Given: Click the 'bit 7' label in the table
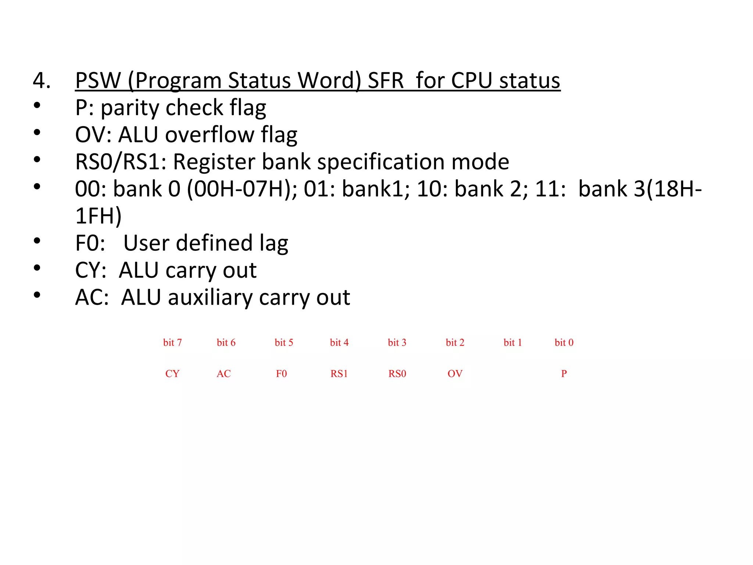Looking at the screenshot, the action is pyautogui.click(x=172, y=343).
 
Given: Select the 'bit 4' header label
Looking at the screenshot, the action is pyautogui.click(x=339, y=343).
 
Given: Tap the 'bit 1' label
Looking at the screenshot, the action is pyautogui.click(x=513, y=343).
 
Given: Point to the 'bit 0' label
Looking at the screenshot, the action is pyautogui.click(x=564, y=343).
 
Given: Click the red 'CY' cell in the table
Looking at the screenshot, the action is pyautogui.click(x=172, y=374).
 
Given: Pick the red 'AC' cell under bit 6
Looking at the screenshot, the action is pyautogui.click(x=224, y=374).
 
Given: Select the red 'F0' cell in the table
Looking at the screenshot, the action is pyautogui.click(x=281, y=374).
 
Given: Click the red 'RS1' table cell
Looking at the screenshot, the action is pyautogui.click(x=339, y=374).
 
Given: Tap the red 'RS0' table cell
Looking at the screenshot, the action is pyautogui.click(x=397, y=374).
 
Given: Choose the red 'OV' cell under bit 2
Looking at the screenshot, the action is pyautogui.click(x=455, y=374).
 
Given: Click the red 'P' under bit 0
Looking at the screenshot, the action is pyautogui.click(x=564, y=374).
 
